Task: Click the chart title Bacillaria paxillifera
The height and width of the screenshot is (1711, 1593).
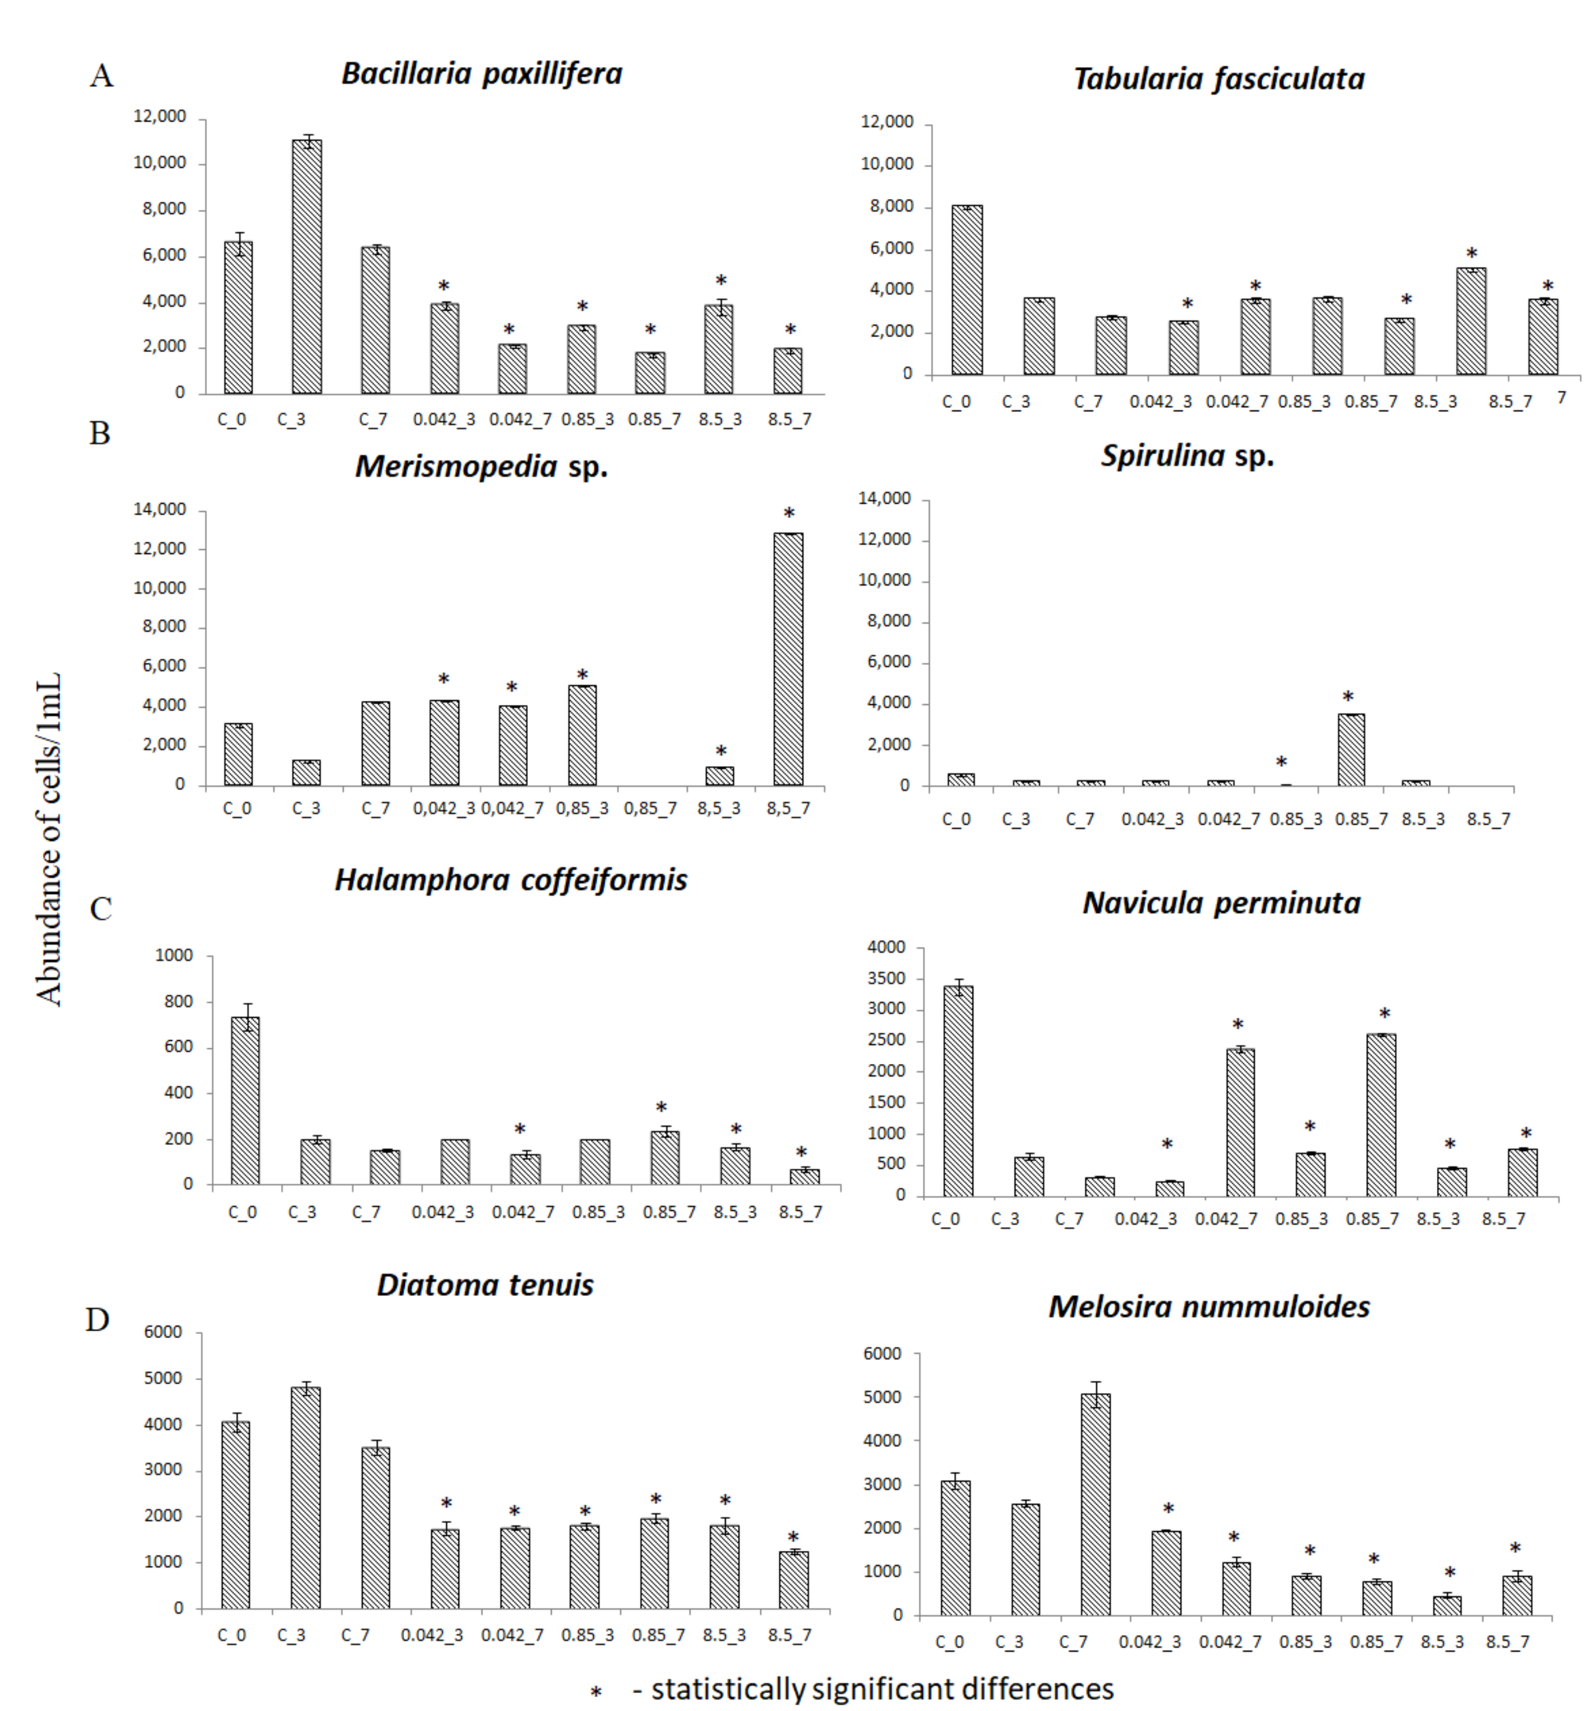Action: [x=481, y=74]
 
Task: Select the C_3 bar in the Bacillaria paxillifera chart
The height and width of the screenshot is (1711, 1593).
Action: [x=306, y=267]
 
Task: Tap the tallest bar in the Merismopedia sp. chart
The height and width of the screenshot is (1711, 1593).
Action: [x=788, y=659]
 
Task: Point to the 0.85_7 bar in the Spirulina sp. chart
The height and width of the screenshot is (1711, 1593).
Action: [x=1350, y=749]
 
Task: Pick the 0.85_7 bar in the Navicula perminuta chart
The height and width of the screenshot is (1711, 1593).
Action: [x=1381, y=1115]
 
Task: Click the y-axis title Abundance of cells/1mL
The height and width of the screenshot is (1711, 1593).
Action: [x=49, y=839]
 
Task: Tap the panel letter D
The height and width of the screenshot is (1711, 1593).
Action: [x=97, y=1320]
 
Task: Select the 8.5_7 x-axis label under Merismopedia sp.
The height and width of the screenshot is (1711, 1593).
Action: [x=788, y=809]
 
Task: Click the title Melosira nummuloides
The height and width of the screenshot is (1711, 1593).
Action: [x=1208, y=1306]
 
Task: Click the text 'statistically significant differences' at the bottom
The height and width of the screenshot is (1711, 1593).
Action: [x=882, y=1688]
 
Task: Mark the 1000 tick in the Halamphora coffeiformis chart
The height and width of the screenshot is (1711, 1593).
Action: [x=174, y=955]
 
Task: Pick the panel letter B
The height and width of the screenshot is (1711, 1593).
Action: [x=100, y=433]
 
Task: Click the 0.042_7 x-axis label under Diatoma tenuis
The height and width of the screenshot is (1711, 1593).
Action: [x=512, y=1635]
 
